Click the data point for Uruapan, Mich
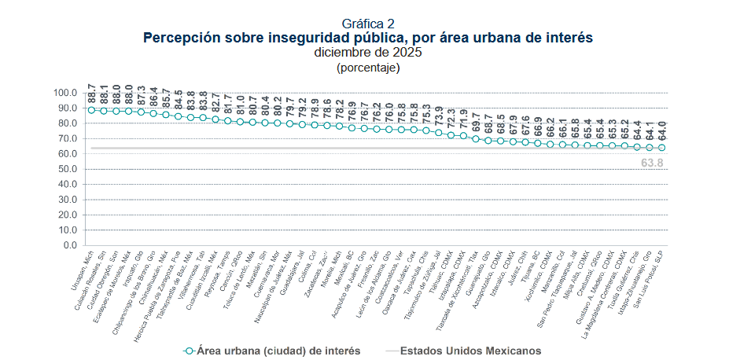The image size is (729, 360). pos(91,110)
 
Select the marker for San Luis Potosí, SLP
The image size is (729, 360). pos(661,148)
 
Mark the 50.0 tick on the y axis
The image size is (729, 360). pos(66,169)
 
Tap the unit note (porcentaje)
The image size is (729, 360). pos(367,67)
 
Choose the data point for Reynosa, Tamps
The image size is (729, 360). pos(228,120)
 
